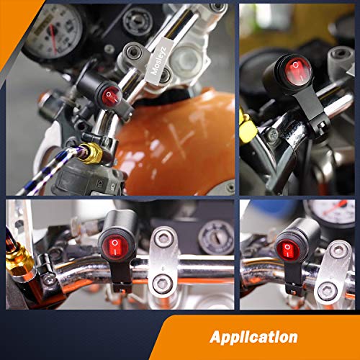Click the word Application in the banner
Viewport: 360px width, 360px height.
coord(254,336)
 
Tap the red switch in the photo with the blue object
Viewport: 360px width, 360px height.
coord(287,250)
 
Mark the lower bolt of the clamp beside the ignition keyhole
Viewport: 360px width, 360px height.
coord(162,284)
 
